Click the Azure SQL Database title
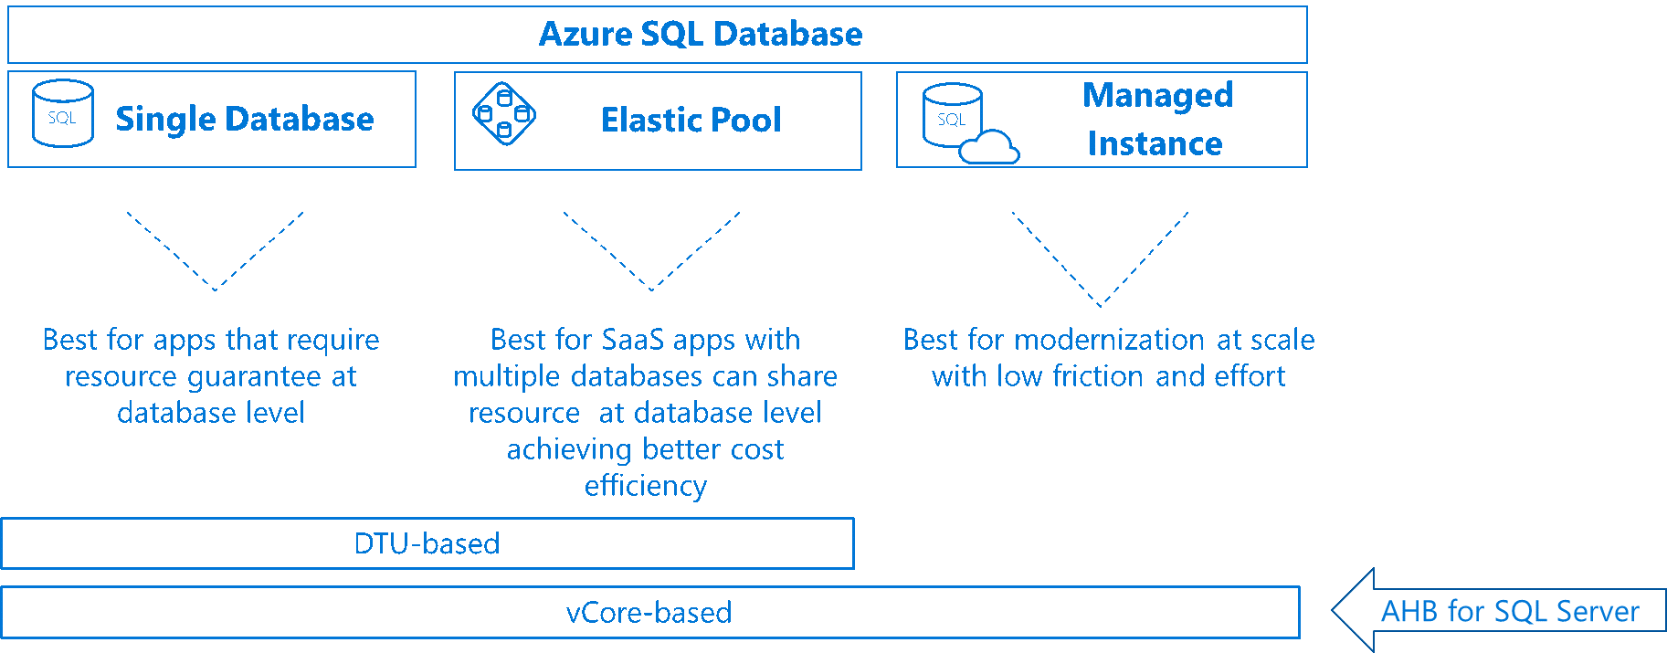[x=700, y=34]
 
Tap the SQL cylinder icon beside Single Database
[x=62, y=114]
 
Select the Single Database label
[x=245, y=119]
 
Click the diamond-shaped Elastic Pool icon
[x=504, y=113]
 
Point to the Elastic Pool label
[x=691, y=120]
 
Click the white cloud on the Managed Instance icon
[x=990, y=148]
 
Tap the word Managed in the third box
[x=1157, y=95]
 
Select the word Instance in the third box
[x=1155, y=143]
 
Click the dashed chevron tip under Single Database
[x=215, y=290]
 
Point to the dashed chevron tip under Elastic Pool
[x=651, y=290]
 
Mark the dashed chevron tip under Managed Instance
[x=1100, y=306]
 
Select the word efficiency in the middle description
[x=646, y=486]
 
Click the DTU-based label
[x=427, y=543]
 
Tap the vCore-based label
[x=649, y=612]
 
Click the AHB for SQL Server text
[x=1510, y=611]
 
